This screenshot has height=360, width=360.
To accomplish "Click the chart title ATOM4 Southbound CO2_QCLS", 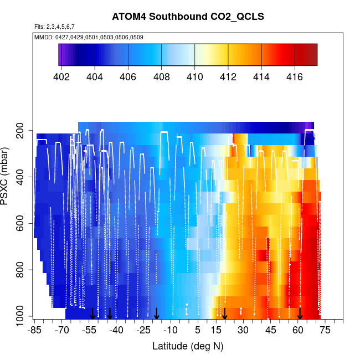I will click(x=188, y=17).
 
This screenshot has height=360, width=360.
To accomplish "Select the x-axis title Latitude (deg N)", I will click(x=188, y=346).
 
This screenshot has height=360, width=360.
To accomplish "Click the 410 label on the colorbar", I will click(x=194, y=76).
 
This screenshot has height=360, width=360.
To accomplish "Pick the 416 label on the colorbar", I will click(x=295, y=76).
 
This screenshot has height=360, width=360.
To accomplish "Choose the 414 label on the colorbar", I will click(x=261, y=76).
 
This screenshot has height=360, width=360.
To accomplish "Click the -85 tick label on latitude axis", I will click(x=34, y=331).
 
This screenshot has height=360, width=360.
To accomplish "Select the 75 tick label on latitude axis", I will click(x=325, y=331).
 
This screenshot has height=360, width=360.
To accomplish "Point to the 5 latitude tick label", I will click(x=198, y=331).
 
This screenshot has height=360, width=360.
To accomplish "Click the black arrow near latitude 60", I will click(x=300, y=314).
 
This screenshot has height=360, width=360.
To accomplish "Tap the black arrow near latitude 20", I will click(x=225, y=314).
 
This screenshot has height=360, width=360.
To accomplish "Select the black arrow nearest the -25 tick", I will click(x=157, y=314).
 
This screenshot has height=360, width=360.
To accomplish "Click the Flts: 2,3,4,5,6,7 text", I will click(x=54, y=27).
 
